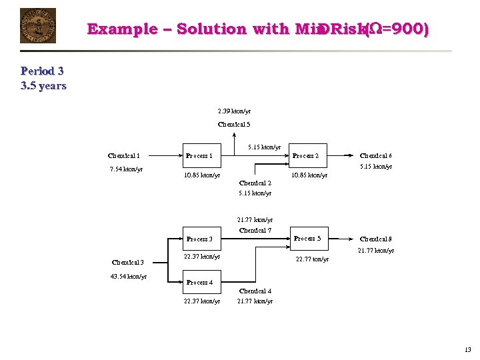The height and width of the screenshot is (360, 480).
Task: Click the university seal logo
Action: click(38, 26)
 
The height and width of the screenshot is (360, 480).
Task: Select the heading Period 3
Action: click(42, 71)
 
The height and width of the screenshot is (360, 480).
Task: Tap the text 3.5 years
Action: click(44, 85)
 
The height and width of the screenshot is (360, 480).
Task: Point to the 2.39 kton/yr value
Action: click(234, 111)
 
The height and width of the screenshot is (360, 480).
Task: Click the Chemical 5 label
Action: click(234, 125)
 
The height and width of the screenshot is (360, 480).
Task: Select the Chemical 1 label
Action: click(124, 155)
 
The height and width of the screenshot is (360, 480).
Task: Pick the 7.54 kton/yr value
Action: click(126, 169)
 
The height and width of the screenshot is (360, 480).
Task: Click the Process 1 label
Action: click(199, 156)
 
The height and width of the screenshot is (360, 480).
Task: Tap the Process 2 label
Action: click(305, 156)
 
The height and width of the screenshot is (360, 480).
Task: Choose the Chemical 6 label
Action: click(375, 156)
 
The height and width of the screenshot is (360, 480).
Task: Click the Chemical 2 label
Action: click(255, 183)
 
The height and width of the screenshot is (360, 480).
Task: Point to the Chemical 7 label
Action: click(255, 230)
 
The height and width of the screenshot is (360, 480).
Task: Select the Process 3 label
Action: click(199, 239)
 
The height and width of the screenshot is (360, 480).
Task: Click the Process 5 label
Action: click(307, 238)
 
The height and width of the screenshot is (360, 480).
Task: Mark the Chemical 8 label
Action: click(375, 239)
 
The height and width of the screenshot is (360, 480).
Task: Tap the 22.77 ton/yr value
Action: click(312, 259)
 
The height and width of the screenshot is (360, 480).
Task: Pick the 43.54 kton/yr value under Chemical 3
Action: click(128, 276)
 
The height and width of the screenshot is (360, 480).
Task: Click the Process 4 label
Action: click(199, 283)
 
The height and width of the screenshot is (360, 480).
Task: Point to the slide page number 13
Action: click(467, 349)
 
